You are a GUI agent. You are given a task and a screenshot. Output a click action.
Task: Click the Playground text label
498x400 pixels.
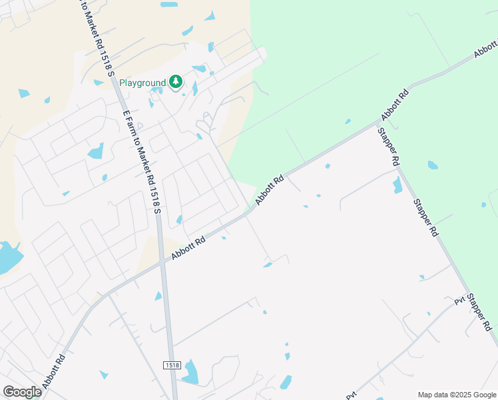pyautogui.click(x=142, y=83)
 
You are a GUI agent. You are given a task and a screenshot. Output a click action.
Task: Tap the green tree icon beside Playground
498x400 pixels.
pyautogui.click(x=176, y=82)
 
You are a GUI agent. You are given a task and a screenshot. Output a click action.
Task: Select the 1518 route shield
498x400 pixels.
pyautogui.click(x=172, y=365)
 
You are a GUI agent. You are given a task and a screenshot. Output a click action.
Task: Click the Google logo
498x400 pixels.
pyautogui.click(x=22, y=392)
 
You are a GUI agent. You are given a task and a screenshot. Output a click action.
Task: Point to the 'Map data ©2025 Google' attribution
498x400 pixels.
pyautogui.click(x=457, y=395)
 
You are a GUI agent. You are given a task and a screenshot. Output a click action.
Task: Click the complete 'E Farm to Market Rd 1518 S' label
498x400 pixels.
pyautogui.click(x=142, y=161)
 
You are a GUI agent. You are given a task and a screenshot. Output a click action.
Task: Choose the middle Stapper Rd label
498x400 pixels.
pyautogui.click(x=425, y=217)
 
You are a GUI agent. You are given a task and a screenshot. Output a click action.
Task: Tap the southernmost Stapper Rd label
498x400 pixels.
pyautogui.click(x=479, y=312)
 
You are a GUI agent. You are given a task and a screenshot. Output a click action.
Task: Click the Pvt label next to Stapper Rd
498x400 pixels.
pyautogui.click(x=459, y=301)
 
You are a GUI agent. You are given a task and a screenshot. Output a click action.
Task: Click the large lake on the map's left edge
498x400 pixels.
pyautogui.click(x=8, y=257)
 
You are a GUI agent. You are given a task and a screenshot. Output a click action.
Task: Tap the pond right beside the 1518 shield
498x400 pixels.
pyautogui.click(x=190, y=371)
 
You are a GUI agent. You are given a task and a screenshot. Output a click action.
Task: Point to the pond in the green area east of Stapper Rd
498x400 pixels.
pyautogui.click(x=433, y=165)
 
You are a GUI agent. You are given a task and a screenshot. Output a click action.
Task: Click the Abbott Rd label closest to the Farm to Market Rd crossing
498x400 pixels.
pyautogui.click(x=188, y=246)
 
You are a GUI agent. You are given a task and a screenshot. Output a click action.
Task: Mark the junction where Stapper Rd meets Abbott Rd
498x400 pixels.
pyautogui.click(x=377, y=123)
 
